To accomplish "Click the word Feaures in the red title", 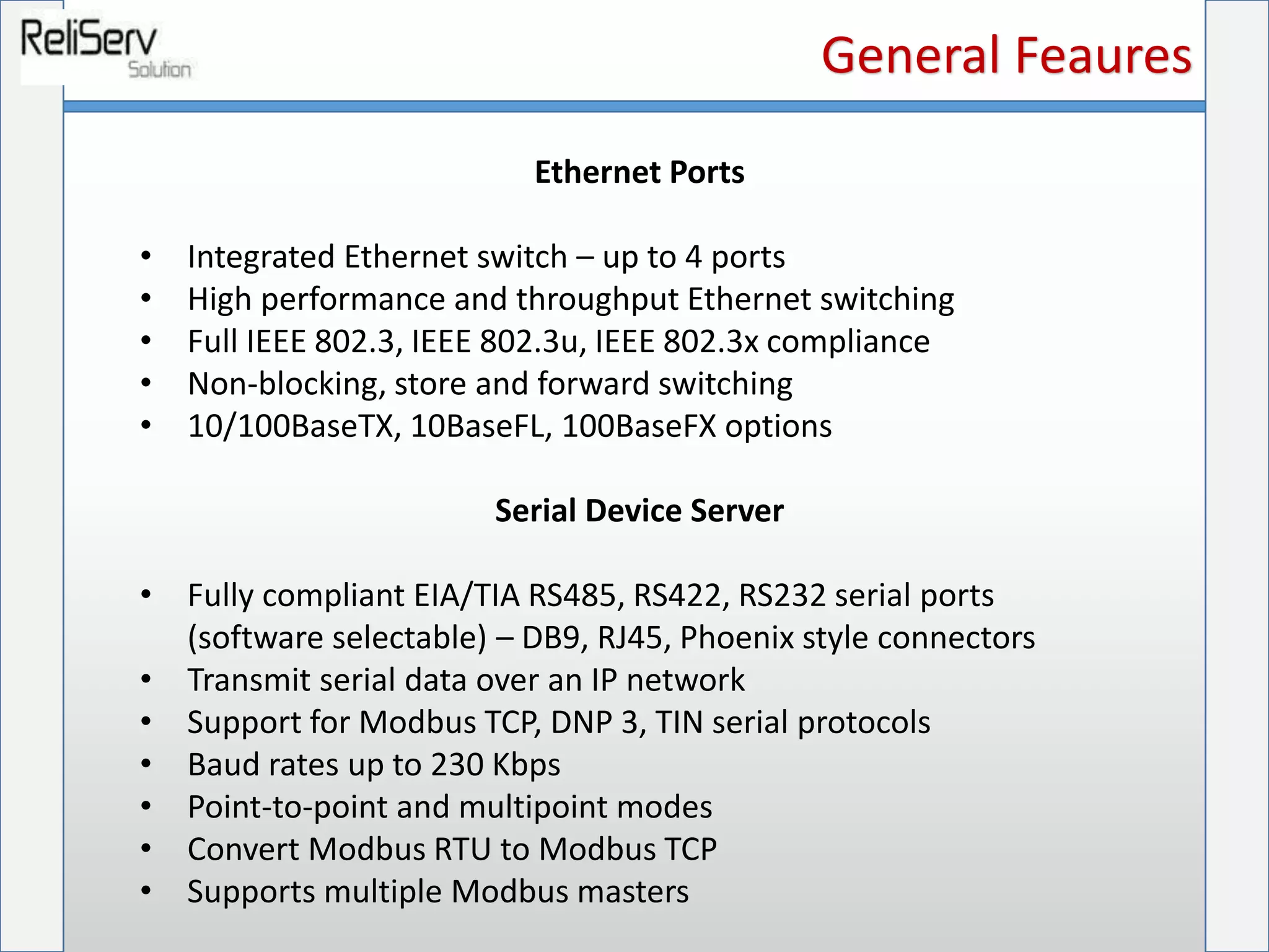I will click(1104, 56).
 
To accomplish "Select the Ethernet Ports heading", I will click(639, 172).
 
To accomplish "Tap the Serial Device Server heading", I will click(639, 511).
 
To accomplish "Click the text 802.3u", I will click(529, 342).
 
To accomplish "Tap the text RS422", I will click(677, 596).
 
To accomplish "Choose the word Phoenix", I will click(737, 638).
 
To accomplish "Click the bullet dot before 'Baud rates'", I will click(146, 764).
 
